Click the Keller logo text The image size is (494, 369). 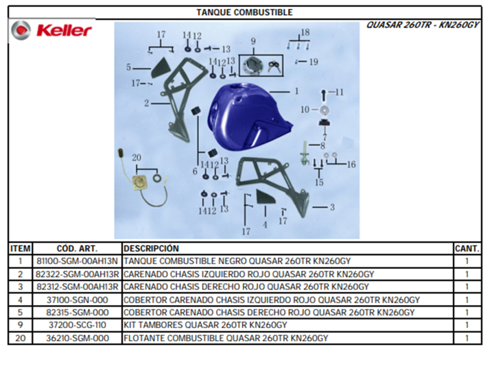coord(64,31)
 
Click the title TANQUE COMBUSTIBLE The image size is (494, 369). coord(244,12)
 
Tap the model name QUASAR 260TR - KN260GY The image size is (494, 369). coord(423,25)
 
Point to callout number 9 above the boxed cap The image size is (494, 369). coord(253,41)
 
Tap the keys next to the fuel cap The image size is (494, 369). coord(274,67)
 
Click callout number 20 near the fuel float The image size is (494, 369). coord(137,158)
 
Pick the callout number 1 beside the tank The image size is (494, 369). coord(296,91)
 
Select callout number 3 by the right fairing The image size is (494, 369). coord(332,207)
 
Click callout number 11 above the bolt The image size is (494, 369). coord(339,92)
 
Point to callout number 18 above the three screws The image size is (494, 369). coord(305,32)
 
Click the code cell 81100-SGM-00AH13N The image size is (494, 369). coord(77,261)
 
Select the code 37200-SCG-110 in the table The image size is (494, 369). coord(77,325)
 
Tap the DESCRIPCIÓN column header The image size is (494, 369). coord(151,248)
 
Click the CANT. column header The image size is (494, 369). coord(467,249)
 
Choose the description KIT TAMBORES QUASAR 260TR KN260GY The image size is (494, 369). coord(205,325)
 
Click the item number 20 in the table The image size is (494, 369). coord(20,338)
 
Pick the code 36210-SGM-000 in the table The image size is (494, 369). coord(77,338)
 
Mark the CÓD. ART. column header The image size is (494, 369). coord(77,248)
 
